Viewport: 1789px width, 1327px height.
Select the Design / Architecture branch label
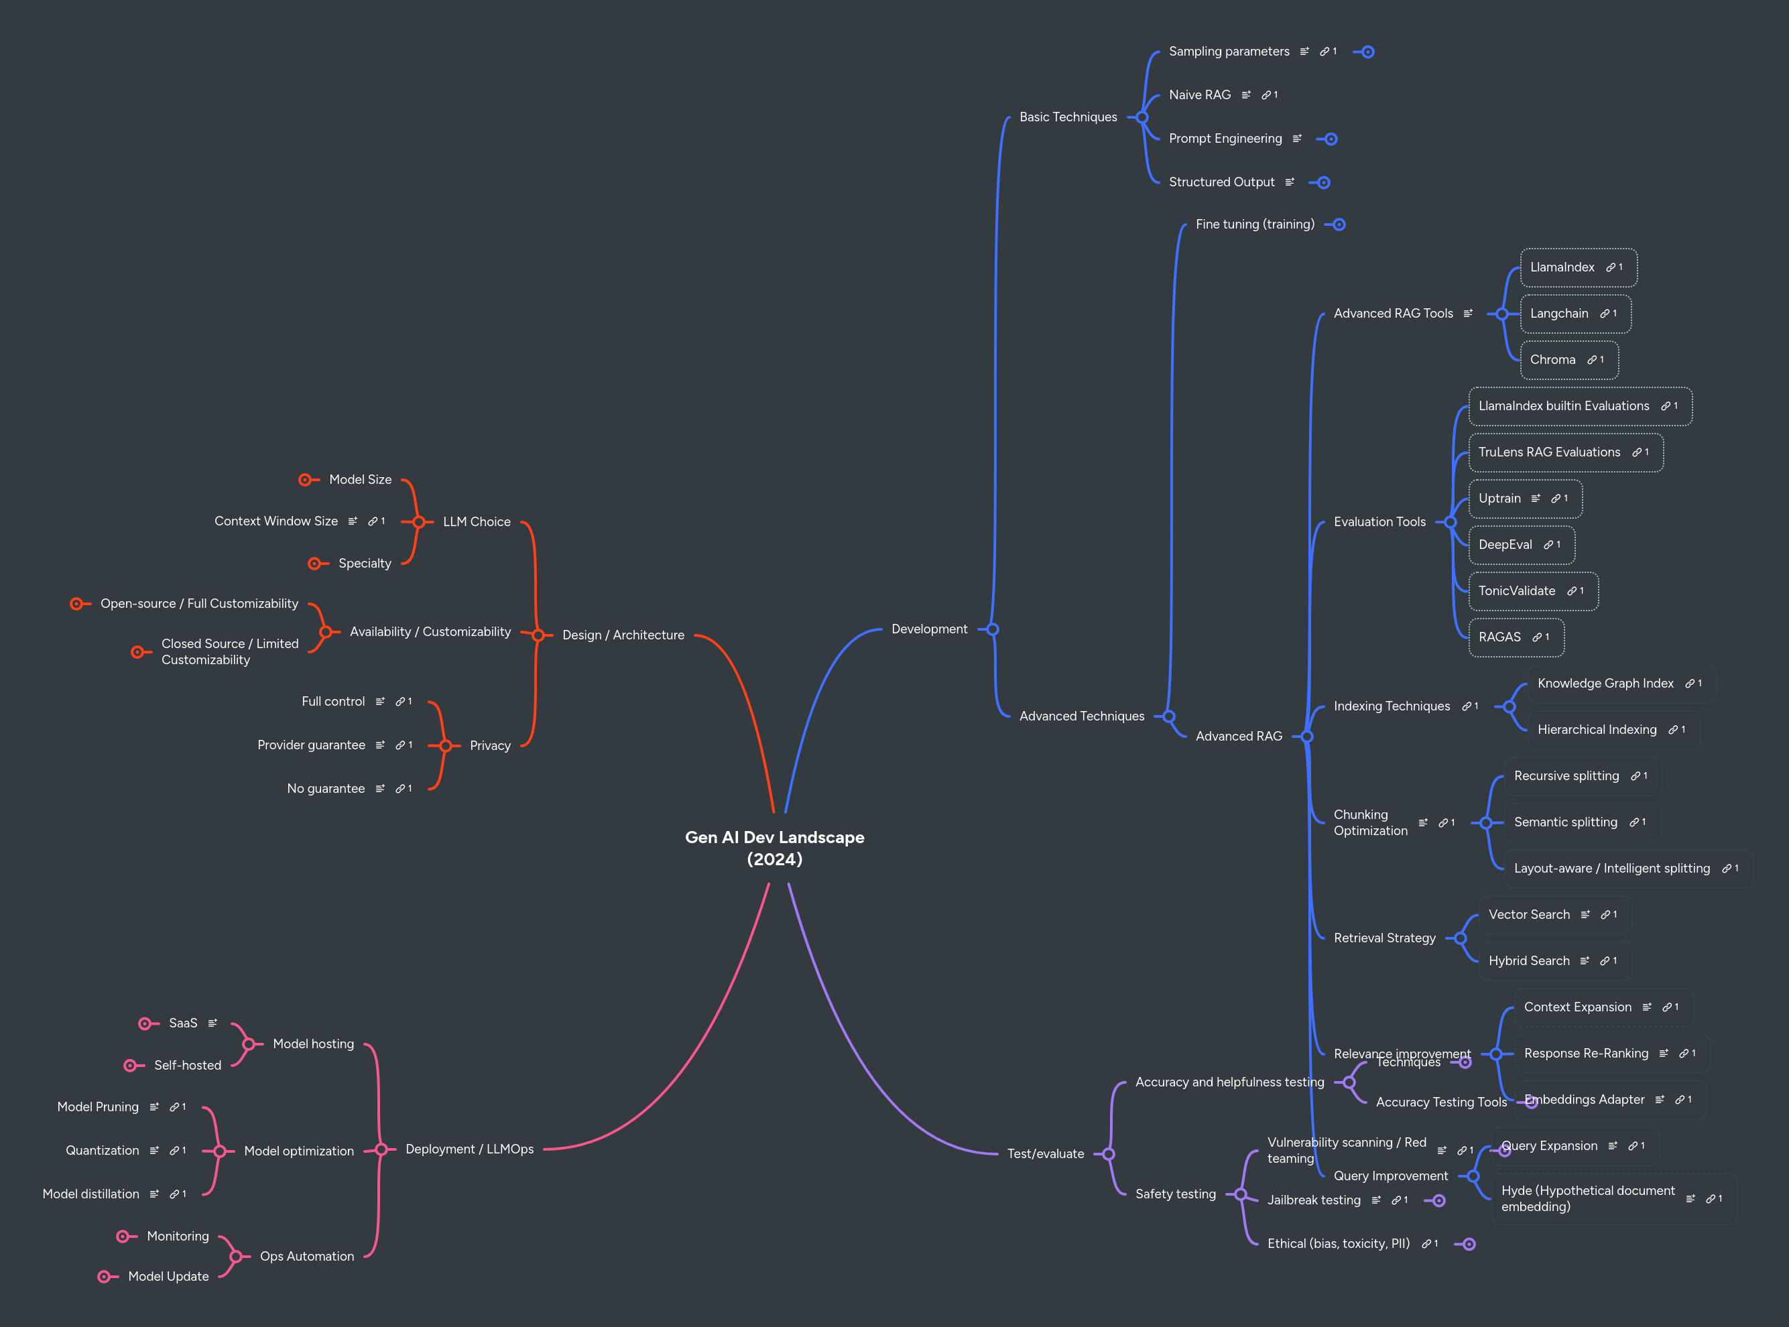[623, 635]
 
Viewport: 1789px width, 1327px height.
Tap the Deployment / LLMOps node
[469, 1149]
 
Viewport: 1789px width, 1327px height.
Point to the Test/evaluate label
[1045, 1154]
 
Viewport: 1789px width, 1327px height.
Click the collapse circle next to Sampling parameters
[1367, 52]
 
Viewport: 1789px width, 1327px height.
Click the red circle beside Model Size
[304, 481]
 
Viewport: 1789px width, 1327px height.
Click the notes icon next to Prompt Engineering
[1296, 139]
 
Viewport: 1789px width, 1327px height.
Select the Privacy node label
[490, 746]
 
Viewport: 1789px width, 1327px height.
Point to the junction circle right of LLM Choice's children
[418, 522]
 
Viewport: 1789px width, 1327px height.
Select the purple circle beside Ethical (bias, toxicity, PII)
[1469, 1245]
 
